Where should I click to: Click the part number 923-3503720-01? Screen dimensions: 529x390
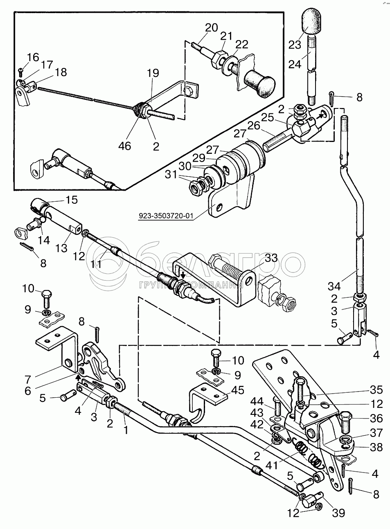(165, 215)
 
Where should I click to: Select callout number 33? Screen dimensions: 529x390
(271, 258)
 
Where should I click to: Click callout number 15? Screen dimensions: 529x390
(71, 200)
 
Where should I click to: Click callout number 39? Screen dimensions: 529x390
(338, 512)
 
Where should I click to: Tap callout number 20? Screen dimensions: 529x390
(212, 28)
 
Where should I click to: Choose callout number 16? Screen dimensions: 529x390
(33, 56)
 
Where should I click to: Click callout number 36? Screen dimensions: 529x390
(375, 418)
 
